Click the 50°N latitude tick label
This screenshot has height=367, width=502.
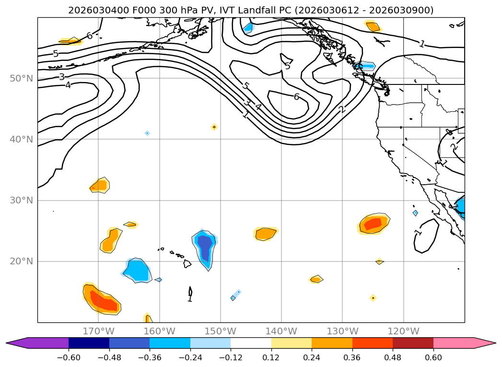tap(21, 78)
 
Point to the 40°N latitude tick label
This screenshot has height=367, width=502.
tap(21, 140)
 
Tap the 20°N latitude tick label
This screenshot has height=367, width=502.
tap(21, 261)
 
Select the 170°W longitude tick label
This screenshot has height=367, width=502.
tap(98, 331)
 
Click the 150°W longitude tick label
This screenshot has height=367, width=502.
tap(220, 331)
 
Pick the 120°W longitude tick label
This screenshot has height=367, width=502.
tap(403, 331)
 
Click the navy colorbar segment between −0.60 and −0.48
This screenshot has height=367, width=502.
tap(89, 343)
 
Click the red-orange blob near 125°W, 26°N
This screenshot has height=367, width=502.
tap(374, 224)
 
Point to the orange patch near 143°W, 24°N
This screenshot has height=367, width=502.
tap(265, 234)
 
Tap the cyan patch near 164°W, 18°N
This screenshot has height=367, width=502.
tap(137, 270)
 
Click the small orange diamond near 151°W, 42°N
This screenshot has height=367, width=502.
tap(214, 127)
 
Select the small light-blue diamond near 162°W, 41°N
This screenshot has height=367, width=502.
tap(147, 133)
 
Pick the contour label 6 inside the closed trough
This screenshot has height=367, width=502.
tap(296, 97)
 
